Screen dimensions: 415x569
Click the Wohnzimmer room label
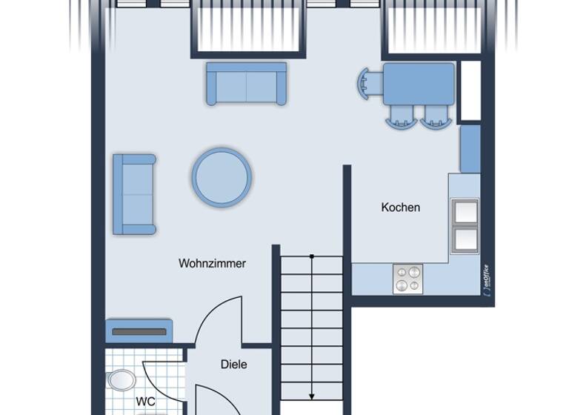point(212,263)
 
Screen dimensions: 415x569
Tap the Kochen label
point(400,207)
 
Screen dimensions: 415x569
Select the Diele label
point(233,365)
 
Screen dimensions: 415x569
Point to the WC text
point(146,402)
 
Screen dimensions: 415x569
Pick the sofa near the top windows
point(246,83)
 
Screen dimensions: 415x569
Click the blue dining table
point(419,83)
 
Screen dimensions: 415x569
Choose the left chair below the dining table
point(401,116)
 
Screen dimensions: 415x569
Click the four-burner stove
point(407,279)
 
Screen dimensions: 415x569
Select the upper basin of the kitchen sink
point(465,211)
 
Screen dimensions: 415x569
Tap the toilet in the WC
point(121,381)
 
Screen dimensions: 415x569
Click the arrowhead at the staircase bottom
point(312,394)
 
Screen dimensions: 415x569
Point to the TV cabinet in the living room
point(140,331)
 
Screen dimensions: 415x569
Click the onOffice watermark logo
point(485,280)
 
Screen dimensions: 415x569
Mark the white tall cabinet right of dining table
point(470,90)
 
